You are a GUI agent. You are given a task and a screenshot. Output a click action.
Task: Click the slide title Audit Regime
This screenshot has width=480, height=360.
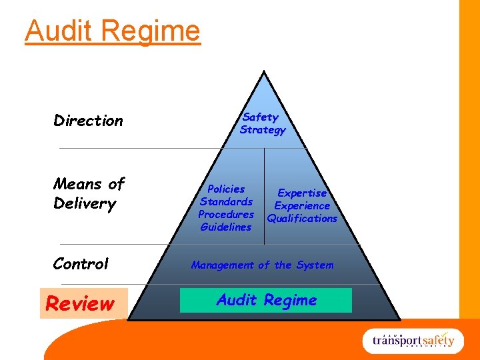coord(112,31)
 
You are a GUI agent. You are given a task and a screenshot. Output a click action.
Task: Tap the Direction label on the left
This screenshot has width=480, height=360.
coord(88,121)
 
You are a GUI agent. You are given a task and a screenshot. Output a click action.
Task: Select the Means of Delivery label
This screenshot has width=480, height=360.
coord(89,193)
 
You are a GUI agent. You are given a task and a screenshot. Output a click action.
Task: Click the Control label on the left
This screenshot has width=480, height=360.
coord(81,264)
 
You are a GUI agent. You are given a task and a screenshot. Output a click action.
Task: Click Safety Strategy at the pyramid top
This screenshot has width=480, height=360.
coord(262,123)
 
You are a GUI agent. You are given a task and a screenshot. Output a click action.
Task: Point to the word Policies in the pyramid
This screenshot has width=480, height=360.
coord(226,189)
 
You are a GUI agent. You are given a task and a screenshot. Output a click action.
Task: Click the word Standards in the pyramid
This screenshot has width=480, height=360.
coord(227,202)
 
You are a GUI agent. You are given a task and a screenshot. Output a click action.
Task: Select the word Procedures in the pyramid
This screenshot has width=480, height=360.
coord(226,215)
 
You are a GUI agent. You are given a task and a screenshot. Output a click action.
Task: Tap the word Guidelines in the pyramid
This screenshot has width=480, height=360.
coord(226,227)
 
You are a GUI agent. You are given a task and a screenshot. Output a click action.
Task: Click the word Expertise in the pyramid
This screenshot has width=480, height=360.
coord(302,193)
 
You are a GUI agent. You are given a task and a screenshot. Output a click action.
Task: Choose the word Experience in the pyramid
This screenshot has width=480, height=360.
coord(302,206)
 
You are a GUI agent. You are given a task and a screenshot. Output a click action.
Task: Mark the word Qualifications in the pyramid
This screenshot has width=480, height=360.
coord(302,219)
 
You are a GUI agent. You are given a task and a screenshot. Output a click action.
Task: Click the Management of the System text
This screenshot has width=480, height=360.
coord(262,265)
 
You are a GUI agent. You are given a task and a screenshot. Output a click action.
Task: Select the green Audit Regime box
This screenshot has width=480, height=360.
coord(266,301)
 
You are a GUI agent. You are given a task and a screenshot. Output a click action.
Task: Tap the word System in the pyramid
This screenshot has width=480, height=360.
coord(315,265)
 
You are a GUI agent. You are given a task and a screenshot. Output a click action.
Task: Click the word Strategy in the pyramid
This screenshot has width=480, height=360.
coord(263,130)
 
